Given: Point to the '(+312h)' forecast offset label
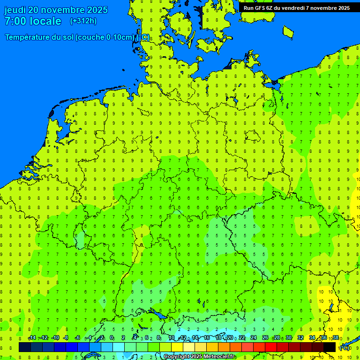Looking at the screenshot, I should (x=83, y=21).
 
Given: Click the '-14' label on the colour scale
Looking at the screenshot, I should (x=32, y=338).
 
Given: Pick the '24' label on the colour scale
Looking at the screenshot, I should (x=253, y=338).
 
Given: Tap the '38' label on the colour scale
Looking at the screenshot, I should (x=335, y=338).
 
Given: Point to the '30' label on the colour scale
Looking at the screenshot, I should (x=288, y=338).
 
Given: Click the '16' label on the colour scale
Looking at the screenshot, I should (x=207, y=338).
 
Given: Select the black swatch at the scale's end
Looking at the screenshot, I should (x=330, y=347).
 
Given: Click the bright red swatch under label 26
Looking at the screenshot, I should (x=271, y=347).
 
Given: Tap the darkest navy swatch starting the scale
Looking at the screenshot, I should (x=25, y=347).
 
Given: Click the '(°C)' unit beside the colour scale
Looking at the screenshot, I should (x=345, y=347).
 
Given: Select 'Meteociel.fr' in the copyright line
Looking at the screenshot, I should (x=219, y=357).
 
